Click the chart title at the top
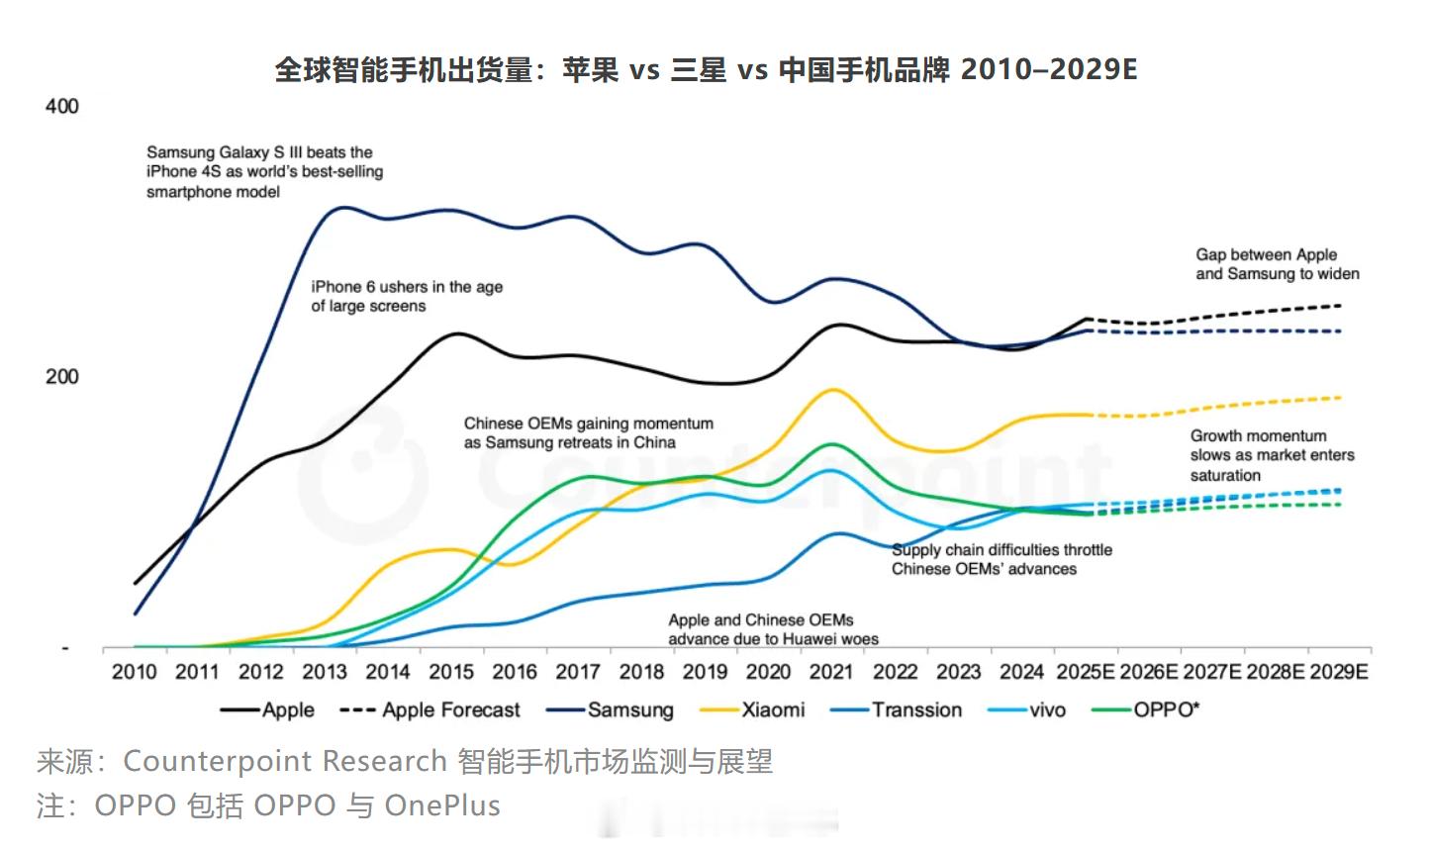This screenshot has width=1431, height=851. [706, 69]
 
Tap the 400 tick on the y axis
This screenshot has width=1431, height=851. [61, 106]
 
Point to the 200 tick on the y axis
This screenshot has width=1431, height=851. [61, 376]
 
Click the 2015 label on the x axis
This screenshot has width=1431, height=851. [451, 672]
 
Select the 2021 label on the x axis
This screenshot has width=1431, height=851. [831, 672]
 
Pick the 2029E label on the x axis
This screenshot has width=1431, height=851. [1339, 672]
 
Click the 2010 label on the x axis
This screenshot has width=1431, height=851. [134, 672]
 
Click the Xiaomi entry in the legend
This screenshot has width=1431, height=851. [773, 709]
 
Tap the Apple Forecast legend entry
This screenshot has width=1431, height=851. [450, 709]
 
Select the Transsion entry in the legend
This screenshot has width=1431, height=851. [916, 709]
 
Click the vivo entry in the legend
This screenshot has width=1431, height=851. [1047, 709]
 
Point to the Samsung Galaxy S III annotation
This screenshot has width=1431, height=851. [264, 171]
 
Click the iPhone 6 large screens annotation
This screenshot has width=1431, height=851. [407, 296]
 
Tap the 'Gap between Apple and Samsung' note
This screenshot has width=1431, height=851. [1277, 264]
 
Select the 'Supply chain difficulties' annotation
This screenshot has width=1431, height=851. [1002, 559]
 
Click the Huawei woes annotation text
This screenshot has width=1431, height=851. [773, 629]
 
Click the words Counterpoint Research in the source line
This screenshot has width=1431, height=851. [284, 761]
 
